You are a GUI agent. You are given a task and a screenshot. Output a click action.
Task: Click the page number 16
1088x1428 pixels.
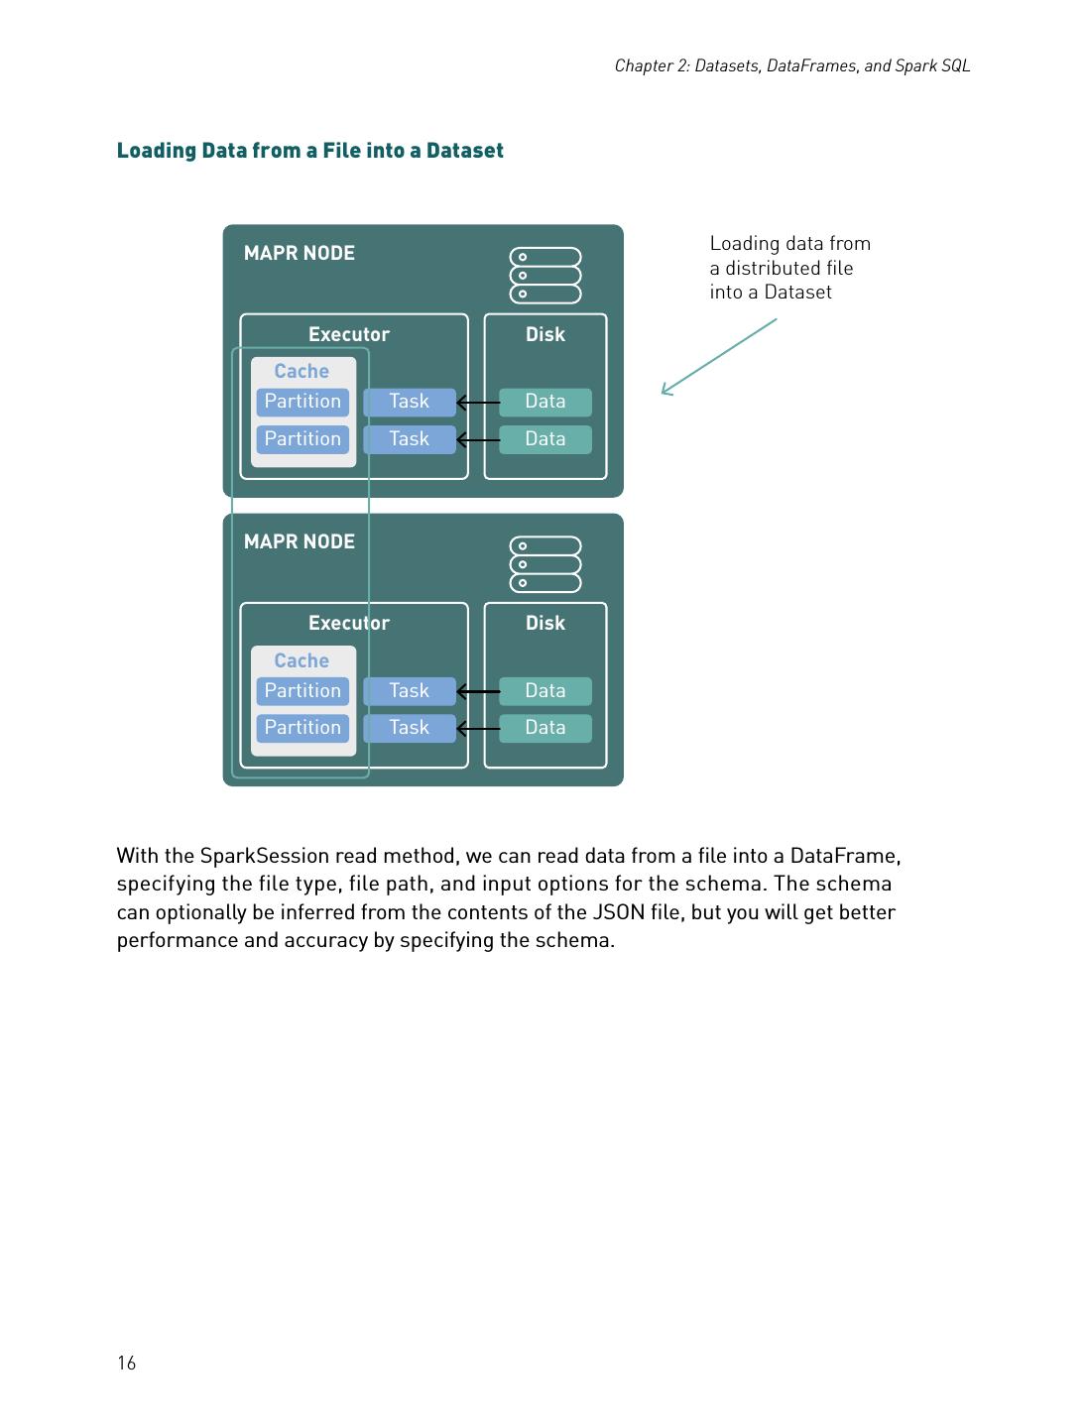126,1363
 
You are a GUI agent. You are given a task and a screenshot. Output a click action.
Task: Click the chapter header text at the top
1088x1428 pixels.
791,65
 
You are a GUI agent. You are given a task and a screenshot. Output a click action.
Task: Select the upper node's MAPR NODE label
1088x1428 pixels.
299,253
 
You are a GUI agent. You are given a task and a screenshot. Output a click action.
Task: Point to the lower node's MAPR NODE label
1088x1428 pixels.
299,541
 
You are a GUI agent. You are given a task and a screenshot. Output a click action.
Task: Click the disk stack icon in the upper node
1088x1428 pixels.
544,276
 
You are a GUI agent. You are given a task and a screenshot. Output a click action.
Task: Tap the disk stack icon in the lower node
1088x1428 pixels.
544,564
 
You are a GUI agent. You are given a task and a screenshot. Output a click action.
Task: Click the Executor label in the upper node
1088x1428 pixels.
348,334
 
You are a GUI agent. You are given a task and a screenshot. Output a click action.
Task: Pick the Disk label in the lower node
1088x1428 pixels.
544,623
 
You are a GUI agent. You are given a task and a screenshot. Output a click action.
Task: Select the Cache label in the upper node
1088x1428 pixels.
302,371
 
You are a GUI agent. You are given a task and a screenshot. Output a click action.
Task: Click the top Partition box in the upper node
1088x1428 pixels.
302,402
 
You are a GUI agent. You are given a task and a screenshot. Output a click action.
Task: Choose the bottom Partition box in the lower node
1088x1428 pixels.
302,728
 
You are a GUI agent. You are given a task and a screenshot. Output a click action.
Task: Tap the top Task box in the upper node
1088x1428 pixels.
409,402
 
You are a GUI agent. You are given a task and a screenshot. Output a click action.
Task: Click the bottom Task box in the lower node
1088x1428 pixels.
409,728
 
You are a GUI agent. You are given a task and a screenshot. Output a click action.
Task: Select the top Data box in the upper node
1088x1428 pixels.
544,402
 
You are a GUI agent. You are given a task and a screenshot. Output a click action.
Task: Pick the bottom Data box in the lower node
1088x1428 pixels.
544,728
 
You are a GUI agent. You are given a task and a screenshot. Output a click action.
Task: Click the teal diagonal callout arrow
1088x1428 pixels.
718,357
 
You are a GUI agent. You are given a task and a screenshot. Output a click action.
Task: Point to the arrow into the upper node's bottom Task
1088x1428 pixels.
478,439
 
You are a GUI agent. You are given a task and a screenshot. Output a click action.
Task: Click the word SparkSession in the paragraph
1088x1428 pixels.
264,856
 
